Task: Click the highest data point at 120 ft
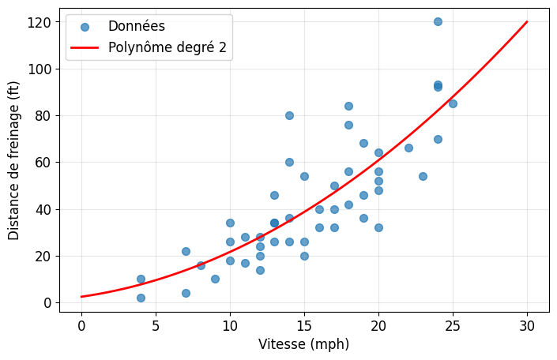[438, 21]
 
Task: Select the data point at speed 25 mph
[453, 103]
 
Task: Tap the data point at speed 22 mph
[408, 148]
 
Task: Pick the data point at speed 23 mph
[423, 176]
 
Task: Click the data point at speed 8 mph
[201, 265]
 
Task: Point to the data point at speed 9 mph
[215, 279]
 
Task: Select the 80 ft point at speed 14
[289, 115]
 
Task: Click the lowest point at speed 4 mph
[141, 298]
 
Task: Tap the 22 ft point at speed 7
[186, 251]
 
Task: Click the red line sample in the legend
[85, 47]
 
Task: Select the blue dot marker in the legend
[85, 27]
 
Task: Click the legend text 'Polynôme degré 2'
[167, 47]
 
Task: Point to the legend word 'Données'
[137, 26]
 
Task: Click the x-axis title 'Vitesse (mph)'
[303, 344]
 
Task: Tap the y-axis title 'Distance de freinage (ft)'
[13, 161]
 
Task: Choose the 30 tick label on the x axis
[527, 325]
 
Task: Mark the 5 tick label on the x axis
[156, 325]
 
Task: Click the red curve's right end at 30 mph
[527, 21]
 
